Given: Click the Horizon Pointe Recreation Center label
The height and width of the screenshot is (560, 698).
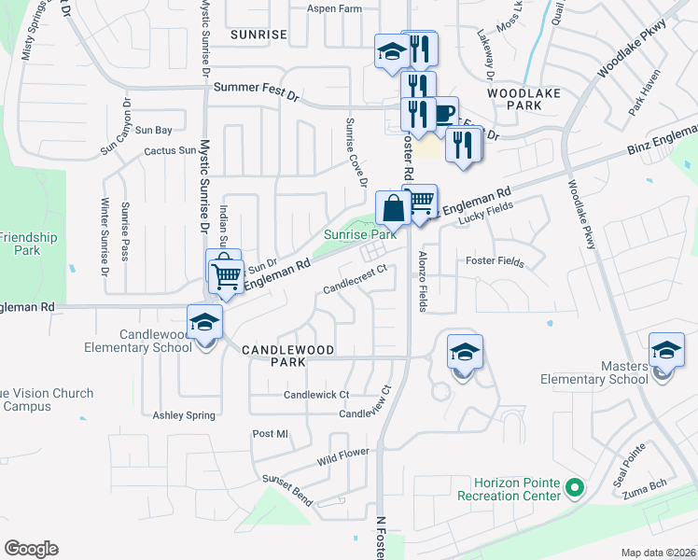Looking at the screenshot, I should (x=509, y=489).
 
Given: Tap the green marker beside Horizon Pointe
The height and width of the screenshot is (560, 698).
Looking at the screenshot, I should (x=576, y=486).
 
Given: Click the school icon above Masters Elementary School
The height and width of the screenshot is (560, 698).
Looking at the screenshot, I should (x=666, y=350).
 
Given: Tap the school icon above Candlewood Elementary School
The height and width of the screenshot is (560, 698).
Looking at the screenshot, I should (x=204, y=323).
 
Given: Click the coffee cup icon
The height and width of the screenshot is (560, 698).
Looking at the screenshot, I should (x=443, y=114).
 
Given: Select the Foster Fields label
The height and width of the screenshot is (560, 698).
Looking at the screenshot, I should (x=495, y=262).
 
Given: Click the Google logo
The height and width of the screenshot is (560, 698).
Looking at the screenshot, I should (x=31, y=549).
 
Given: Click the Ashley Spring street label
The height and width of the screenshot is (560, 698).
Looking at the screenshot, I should (x=184, y=415).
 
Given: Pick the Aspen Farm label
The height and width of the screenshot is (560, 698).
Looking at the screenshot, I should (x=334, y=8).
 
